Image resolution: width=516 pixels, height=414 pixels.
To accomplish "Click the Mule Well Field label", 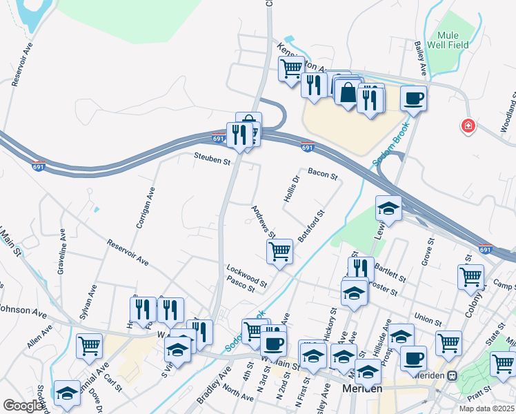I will pos(453,40).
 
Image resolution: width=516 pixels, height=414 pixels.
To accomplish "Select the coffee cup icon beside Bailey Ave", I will pos(413,99).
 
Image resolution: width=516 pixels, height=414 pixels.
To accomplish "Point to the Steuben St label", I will pos(211,161).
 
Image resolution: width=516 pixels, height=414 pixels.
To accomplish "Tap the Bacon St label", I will pos(322,175).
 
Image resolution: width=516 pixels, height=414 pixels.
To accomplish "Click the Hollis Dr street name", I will pos(292,188).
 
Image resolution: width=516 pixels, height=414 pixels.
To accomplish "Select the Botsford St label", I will pos(311,226).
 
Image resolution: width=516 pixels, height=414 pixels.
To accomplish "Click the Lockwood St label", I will pos(246,275).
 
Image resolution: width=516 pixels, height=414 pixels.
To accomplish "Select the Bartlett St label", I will pos(390,272).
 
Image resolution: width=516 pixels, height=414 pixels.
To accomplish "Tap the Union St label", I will pos(428,321).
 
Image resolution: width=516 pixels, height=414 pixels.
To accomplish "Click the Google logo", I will pos(23,406).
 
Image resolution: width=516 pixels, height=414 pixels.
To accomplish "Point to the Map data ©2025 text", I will pos(484,408).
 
